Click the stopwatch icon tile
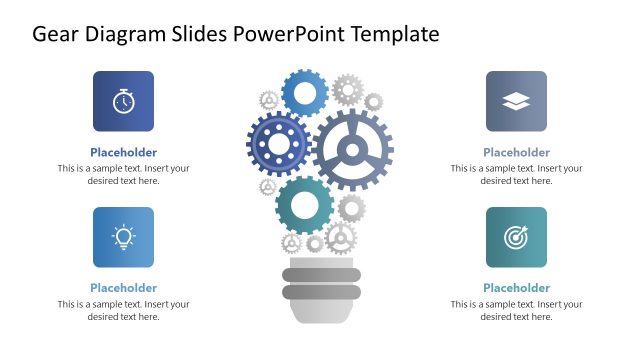tap(123, 101)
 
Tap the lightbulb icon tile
tap(123, 237)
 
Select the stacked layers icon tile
tap(516, 101)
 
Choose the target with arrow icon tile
tap(516, 237)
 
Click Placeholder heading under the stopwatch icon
tap(123, 153)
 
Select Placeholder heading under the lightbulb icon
tap(123, 288)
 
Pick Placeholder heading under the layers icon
tap(516, 153)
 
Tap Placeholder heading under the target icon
tap(516, 288)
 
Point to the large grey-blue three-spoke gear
tap(352, 150)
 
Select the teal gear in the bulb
tap(304, 205)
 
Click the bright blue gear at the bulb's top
tap(305, 93)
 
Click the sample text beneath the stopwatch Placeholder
tap(123, 175)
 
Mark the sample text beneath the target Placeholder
tap(516, 310)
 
